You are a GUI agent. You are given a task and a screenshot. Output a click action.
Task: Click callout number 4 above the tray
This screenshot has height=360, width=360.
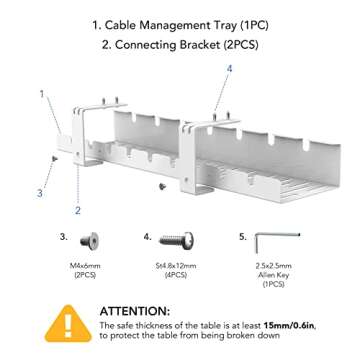click(x=229, y=69)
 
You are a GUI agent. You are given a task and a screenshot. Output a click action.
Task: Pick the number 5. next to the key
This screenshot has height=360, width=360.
click(x=242, y=237)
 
